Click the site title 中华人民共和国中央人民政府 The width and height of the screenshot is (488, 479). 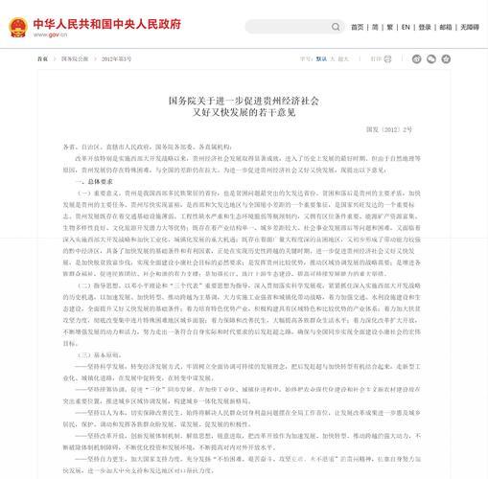(105, 23)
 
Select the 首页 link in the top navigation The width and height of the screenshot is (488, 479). (357, 28)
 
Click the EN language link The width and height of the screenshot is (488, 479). (406, 28)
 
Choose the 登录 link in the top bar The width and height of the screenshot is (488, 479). (424, 28)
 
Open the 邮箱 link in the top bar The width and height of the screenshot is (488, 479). (445, 28)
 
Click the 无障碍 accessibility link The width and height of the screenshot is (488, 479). (469, 28)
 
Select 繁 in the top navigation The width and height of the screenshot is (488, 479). (390, 28)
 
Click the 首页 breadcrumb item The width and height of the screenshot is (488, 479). (41, 58)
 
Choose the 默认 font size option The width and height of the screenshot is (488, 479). (321, 58)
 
